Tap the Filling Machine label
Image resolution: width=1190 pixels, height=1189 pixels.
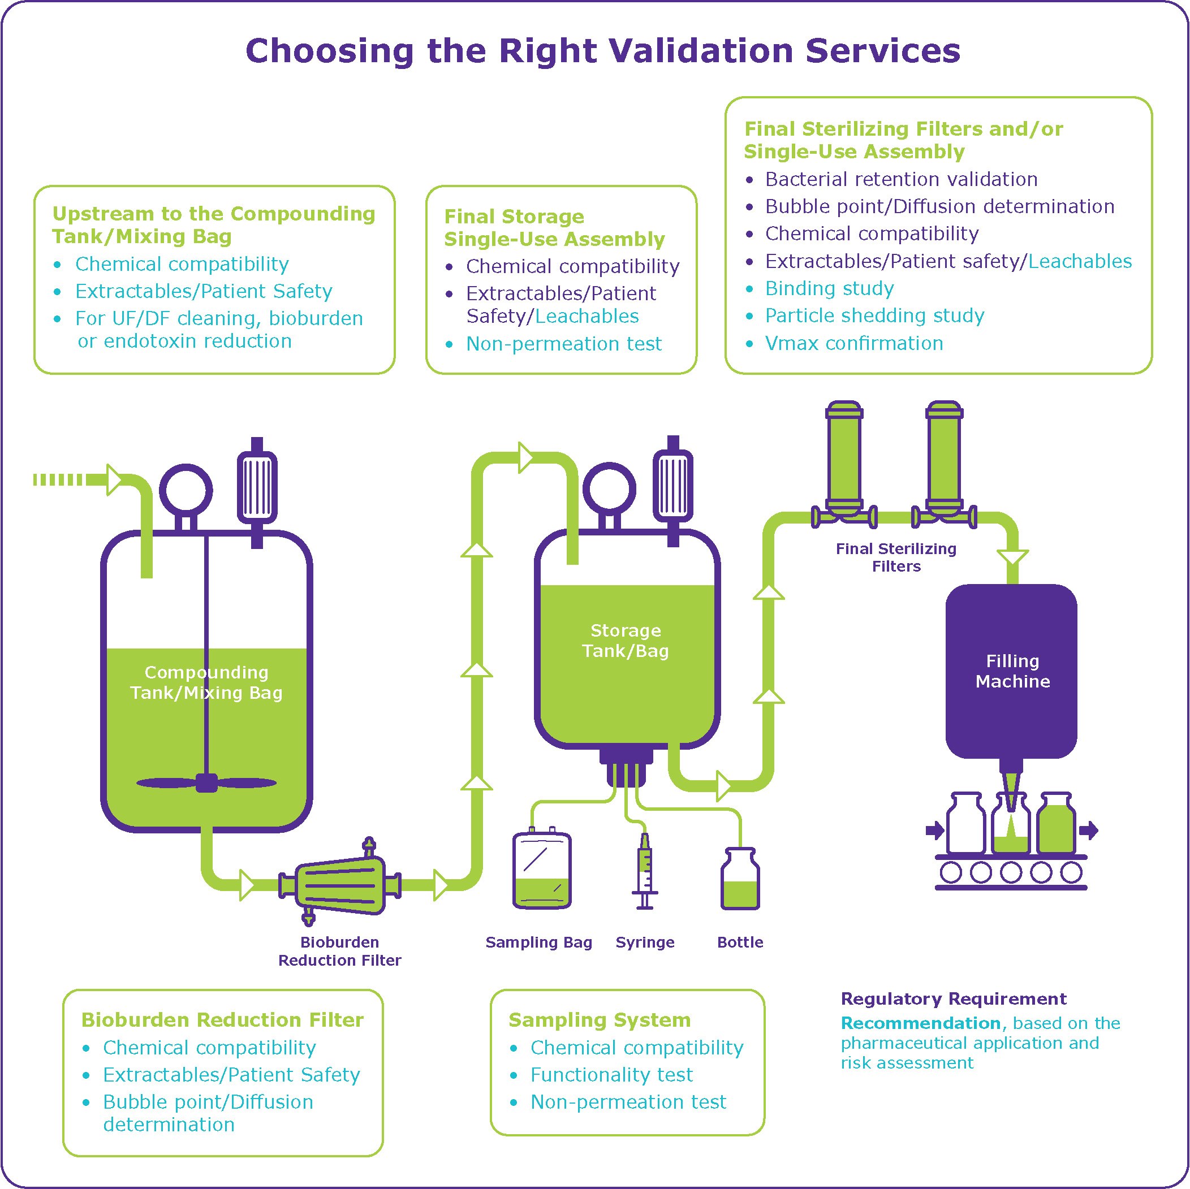click(x=1012, y=671)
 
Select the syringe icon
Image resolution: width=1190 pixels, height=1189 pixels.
click(x=644, y=871)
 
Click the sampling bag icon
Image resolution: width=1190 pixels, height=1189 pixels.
click(x=542, y=871)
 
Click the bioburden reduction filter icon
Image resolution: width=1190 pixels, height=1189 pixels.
click(x=340, y=885)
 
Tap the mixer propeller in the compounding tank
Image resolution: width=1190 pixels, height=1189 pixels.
click(x=206, y=783)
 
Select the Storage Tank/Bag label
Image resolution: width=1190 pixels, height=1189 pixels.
click(x=625, y=641)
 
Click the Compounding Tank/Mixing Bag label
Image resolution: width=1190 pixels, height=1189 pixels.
click(x=206, y=682)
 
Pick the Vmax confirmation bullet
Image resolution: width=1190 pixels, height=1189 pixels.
click(x=853, y=343)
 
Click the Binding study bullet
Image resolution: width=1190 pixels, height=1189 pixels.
click(x=829, y=288)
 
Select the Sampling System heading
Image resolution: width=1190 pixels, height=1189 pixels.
click(x=600, y=1020)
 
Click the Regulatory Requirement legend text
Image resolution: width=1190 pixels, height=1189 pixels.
click(x=954, y=998)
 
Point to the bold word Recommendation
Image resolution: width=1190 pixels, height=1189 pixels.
click(x=921, y=1023)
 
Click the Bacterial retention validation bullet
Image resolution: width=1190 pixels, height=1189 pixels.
click(x=901, y=179)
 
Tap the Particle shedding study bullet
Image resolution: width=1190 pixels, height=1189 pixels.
click(x=874, y=315)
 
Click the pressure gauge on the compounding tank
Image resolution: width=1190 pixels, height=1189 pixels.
click(x=186, y=491)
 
